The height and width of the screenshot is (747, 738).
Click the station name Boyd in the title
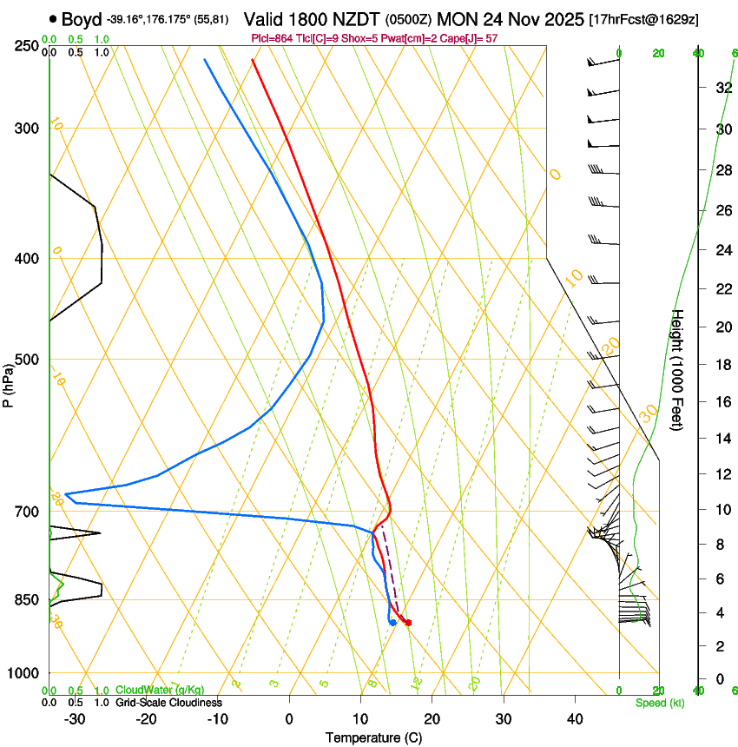coord(82,19)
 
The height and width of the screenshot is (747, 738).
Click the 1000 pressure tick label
coord(24,673)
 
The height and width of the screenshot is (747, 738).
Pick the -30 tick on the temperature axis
coord(75,718)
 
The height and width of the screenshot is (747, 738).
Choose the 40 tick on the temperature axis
coord(575,718)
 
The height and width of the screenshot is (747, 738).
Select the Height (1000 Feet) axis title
coord(678,370)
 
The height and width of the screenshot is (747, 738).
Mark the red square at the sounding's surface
coord(408,622)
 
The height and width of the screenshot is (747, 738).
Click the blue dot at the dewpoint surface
coord(393,622)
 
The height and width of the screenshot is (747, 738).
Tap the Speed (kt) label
coord(659,703)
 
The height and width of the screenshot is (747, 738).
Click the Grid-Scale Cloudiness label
coord(169,703)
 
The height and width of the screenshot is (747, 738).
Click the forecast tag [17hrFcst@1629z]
coord(644,19)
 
